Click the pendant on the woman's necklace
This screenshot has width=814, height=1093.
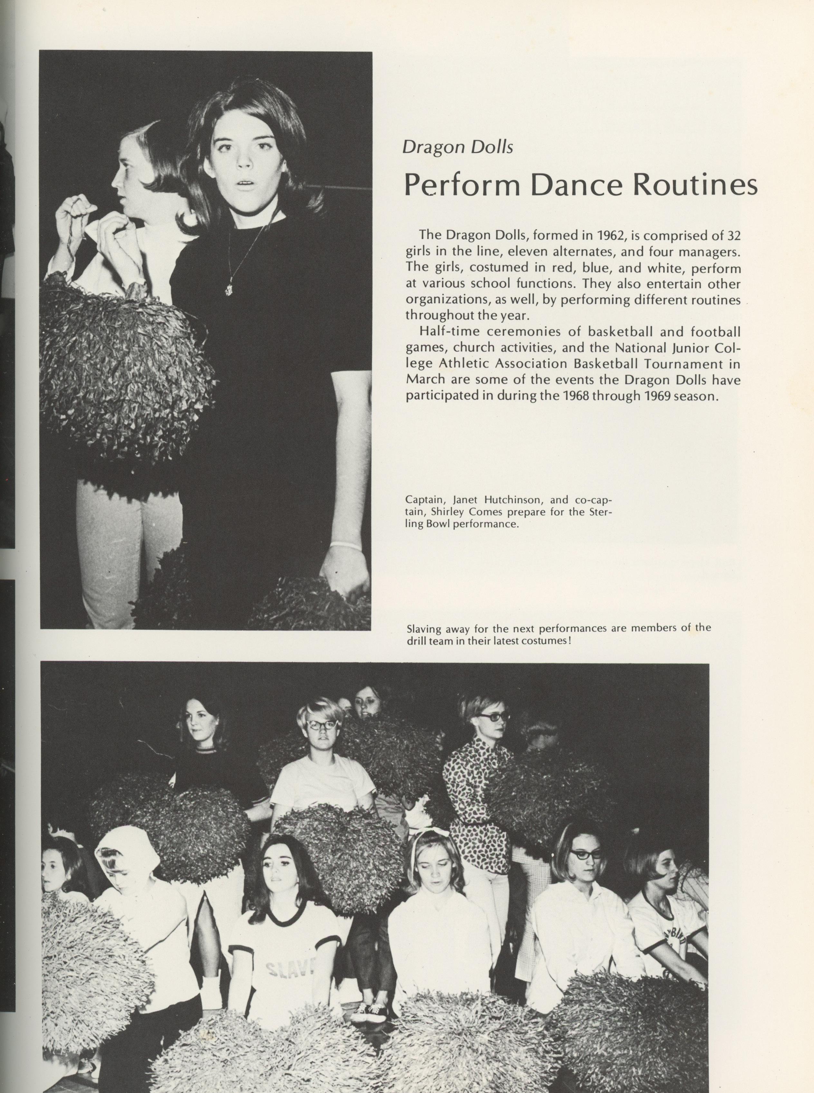pos(229,288)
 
